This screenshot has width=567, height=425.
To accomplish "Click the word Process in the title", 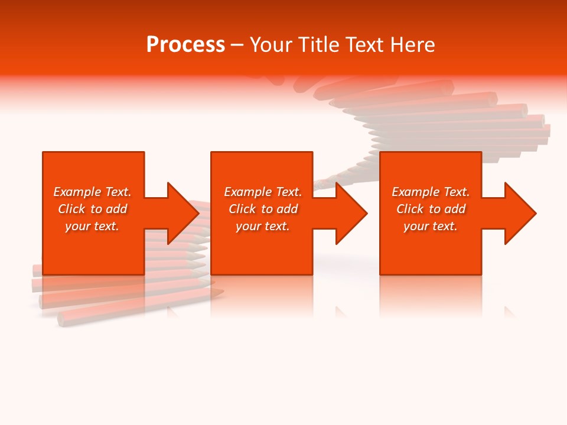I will pos(185,45).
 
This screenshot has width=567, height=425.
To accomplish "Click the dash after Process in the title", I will pos(237,45).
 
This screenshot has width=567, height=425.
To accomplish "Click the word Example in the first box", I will pos(77,192).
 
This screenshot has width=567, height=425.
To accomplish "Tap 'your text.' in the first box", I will pos(92,226).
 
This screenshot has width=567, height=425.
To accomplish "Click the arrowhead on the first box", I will pos(183,213).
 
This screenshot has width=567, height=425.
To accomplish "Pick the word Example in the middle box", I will pos(247,192).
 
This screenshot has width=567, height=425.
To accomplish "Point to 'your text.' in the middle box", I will pos(262,226).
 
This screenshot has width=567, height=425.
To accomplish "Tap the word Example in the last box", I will pos(415,192).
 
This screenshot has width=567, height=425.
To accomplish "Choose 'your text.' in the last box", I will pos(431,226).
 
